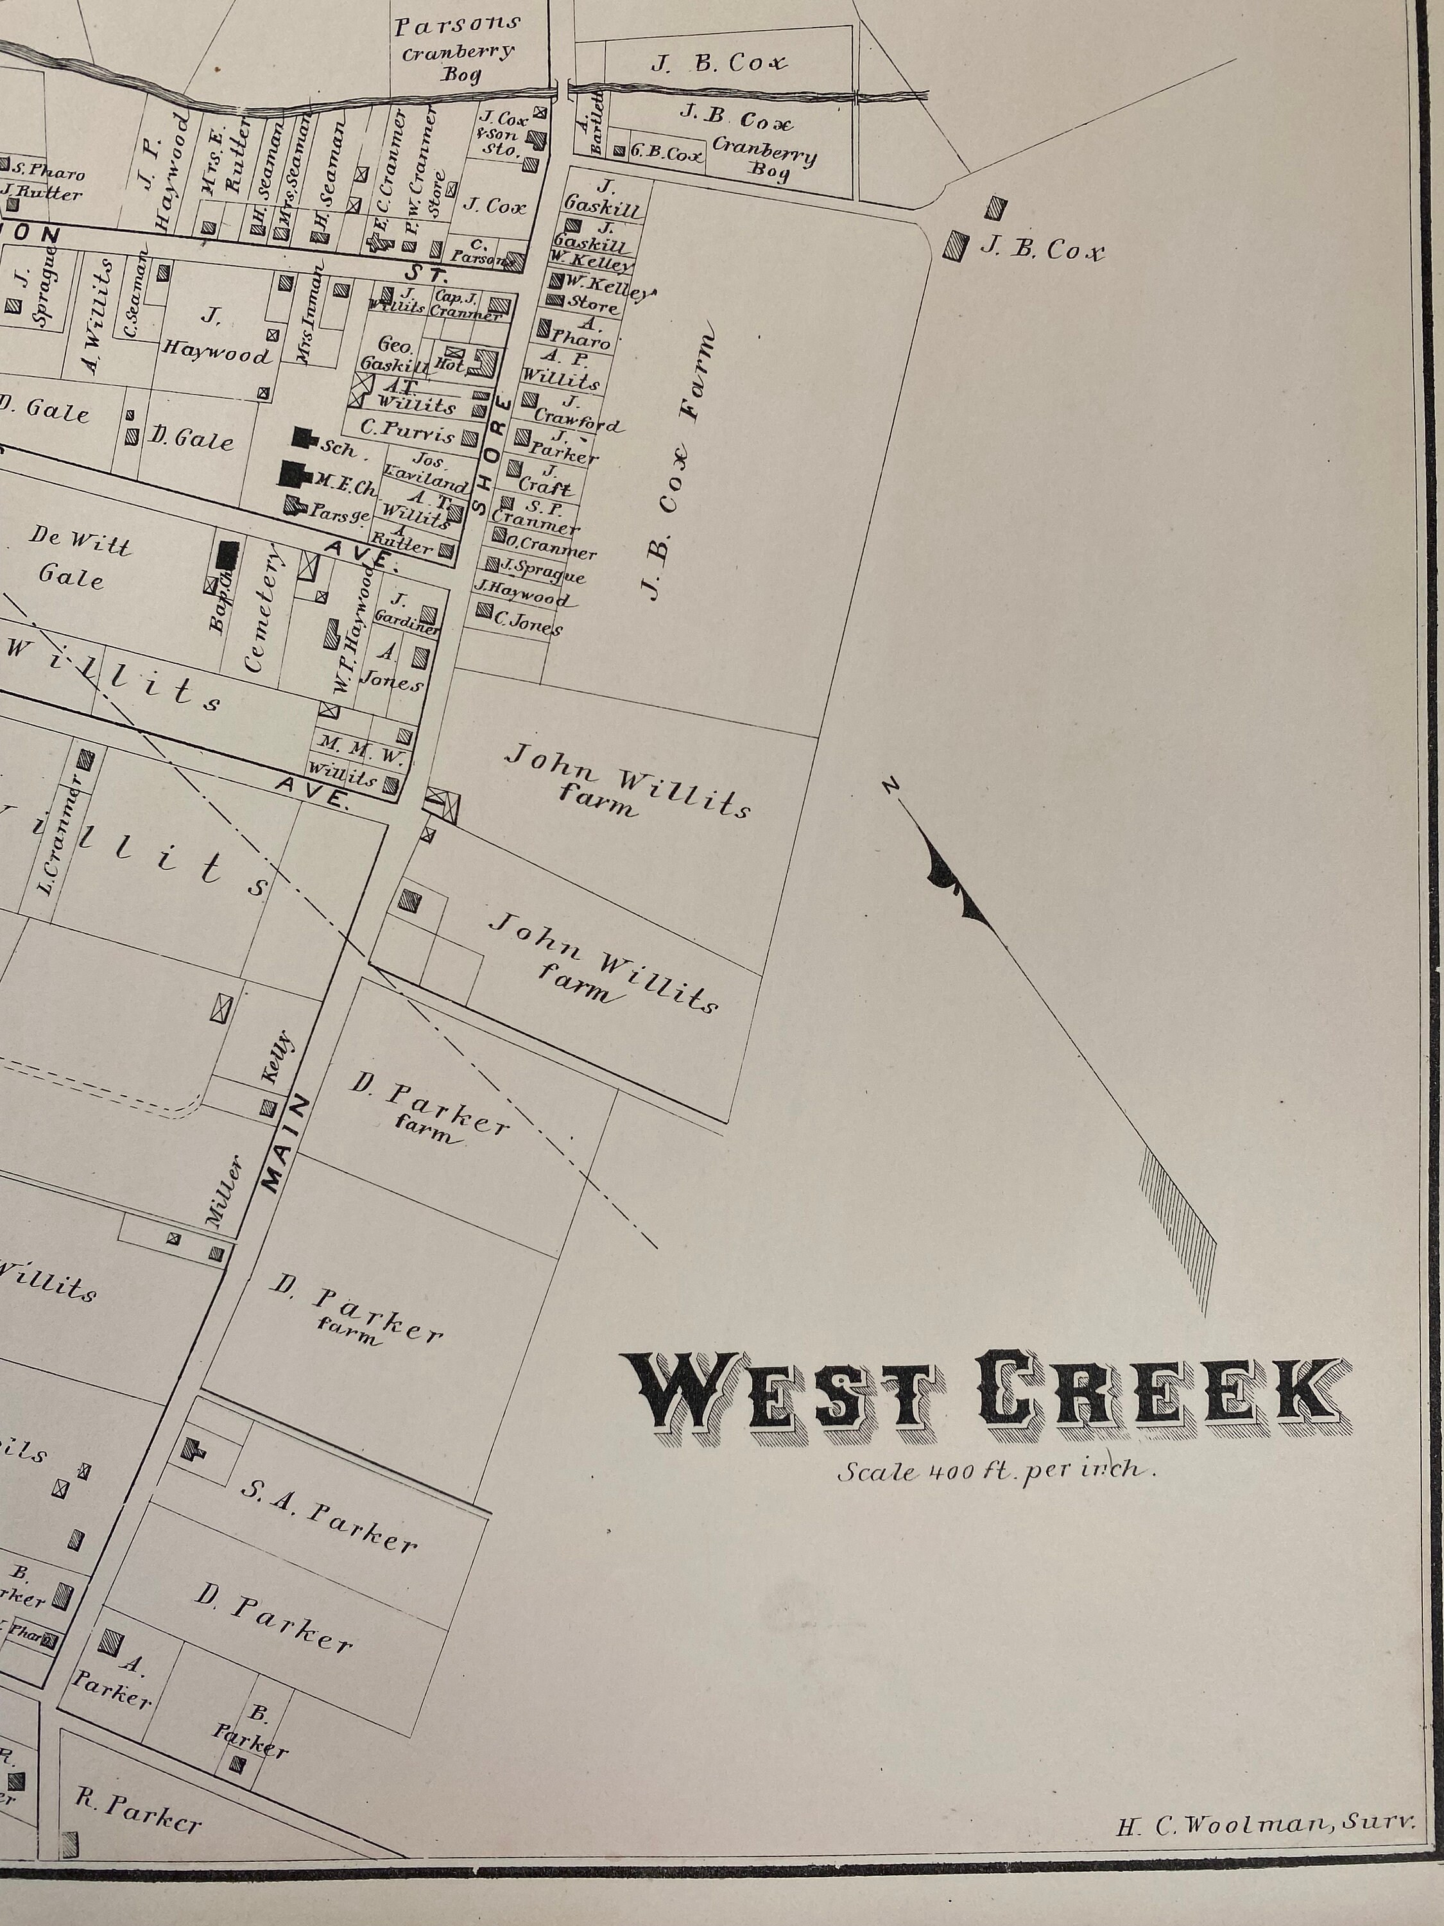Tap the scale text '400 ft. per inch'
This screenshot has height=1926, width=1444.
point(997,1472)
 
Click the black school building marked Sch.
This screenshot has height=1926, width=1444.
point(304,437)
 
